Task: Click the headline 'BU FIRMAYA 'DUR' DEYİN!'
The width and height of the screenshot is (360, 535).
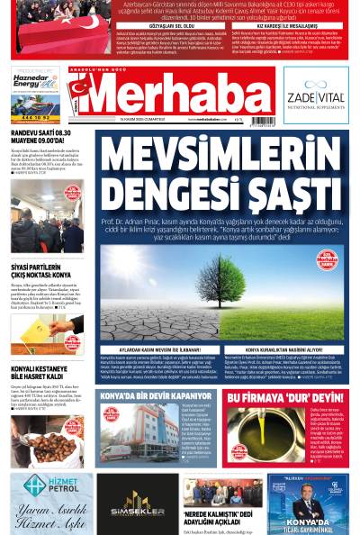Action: (283, 397)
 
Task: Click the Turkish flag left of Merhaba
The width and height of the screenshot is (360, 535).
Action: (79, 90)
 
